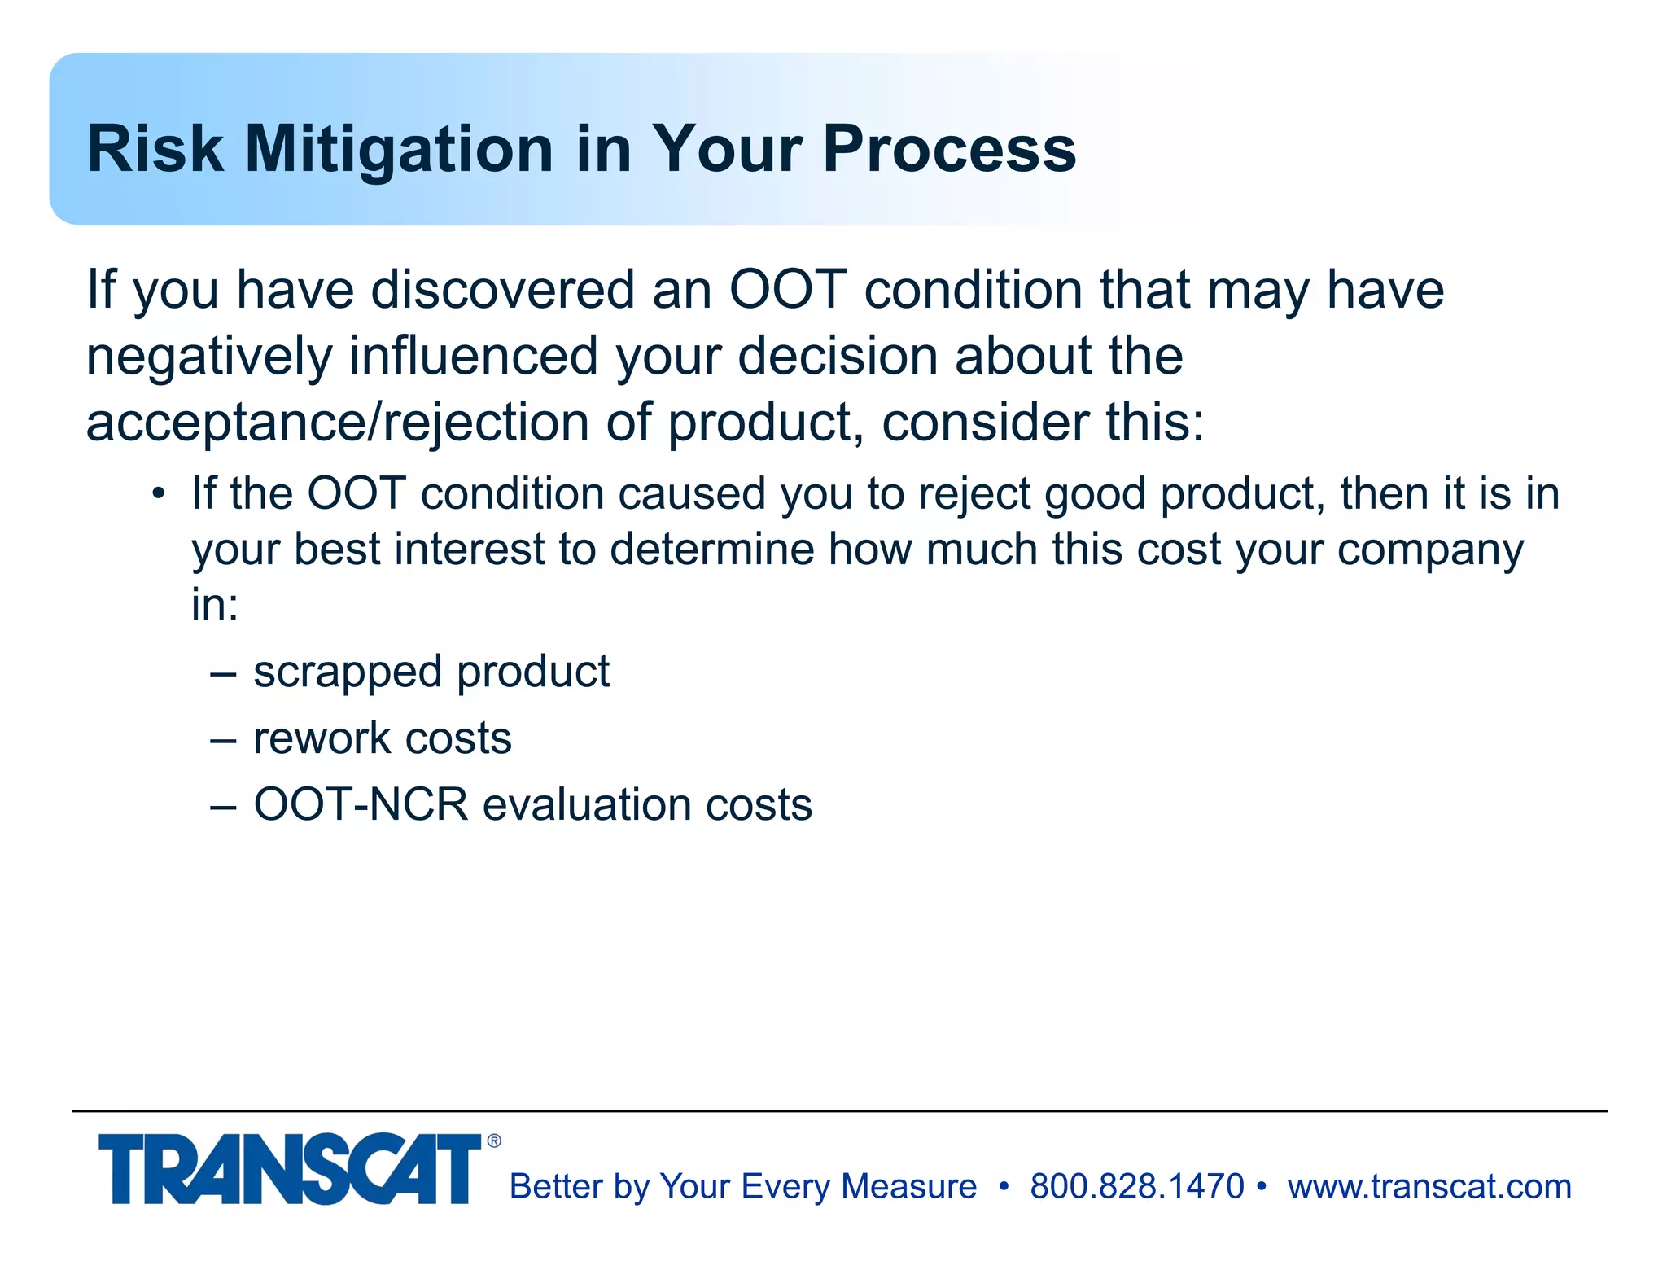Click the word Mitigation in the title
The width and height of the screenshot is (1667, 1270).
point(399,150)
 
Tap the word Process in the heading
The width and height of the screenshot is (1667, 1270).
point(949,150)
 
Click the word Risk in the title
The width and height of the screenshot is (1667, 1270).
point(155,150)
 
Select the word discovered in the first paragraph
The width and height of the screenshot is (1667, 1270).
point(502,290)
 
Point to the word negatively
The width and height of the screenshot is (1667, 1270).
point(209,357)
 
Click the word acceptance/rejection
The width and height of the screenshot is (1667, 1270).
point(337,423)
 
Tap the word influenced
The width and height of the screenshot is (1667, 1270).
point(474,357)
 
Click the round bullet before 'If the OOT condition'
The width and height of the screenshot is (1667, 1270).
point(159,494)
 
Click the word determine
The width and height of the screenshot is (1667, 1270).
point(712,550)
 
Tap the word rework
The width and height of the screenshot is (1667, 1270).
point(322,738)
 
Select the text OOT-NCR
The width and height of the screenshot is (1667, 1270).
point(361,804)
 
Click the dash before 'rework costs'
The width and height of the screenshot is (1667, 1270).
point(223,739)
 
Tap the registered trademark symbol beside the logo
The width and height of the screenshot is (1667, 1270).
point(494,1141)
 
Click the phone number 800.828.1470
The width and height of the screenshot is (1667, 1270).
point(1136,1186)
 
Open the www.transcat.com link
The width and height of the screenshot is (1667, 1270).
point(1429,1187)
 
